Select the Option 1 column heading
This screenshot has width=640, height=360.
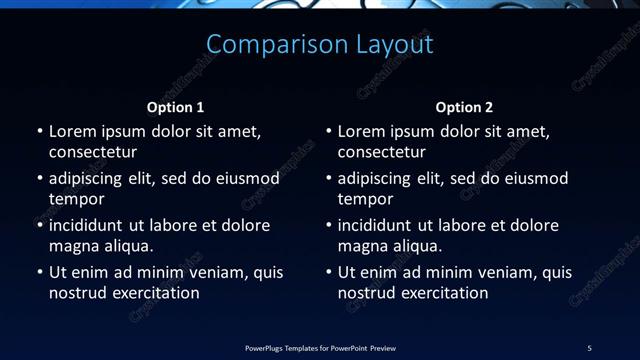(176, 107)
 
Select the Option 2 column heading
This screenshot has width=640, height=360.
(465, 107)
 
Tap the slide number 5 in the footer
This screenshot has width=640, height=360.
(589, 347)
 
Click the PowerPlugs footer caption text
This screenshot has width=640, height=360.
(320, 347)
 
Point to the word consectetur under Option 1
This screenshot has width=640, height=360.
(93, 153)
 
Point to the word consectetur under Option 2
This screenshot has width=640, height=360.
(382, 153)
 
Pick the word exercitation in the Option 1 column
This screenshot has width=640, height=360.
(154, 293)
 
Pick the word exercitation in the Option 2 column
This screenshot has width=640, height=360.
(443, 293)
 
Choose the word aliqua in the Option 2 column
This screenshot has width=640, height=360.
(418, 246)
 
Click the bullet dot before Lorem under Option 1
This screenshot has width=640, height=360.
(40, 132)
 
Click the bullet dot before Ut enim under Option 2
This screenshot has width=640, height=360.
(329, 273)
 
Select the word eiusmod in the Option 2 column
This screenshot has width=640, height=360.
(536, 179)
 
